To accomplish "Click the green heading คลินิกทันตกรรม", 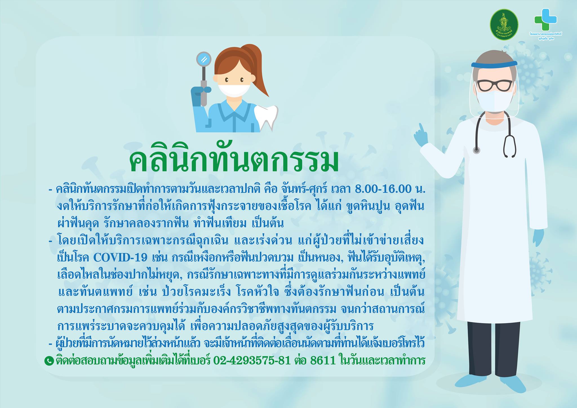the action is click(x=234, y=162).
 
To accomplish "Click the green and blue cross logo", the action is click(x=545, y=20).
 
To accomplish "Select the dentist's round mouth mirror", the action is click(x=204, y=60).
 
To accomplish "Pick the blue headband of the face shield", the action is click(x=494, y=65).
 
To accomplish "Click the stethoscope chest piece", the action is click(x=476, y=150).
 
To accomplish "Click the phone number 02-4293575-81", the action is click(x=252, y=361).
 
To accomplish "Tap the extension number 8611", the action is click(x=323, y=361).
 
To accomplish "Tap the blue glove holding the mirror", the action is click(x=199, y=96).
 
